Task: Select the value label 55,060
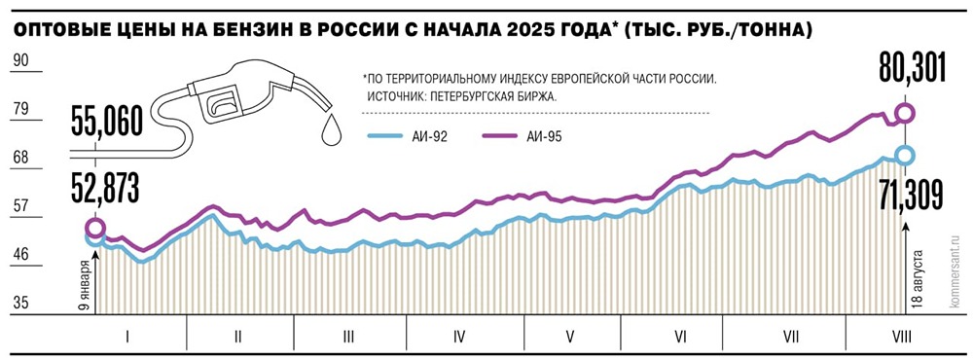point(106,123)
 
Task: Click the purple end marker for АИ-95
point(905,114)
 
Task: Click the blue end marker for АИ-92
point(905,156)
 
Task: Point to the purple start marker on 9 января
point(95,229)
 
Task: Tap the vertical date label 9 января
point(86,283)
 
